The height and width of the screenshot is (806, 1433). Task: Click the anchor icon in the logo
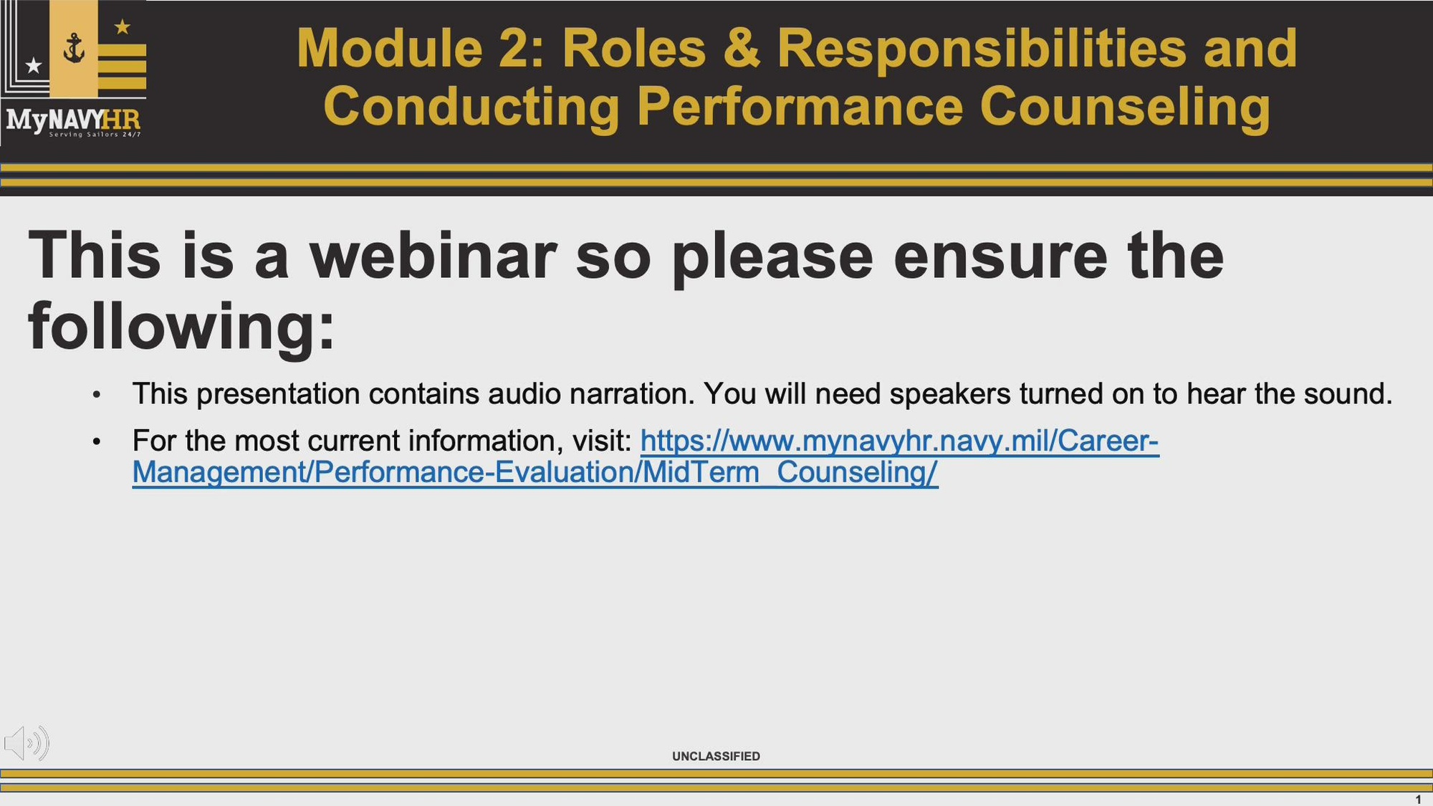[74, 49]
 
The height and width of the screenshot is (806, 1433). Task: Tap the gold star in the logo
[123, 27]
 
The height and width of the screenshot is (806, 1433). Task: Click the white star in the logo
[34, 66]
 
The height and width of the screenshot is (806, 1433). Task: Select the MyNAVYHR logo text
[73, 120]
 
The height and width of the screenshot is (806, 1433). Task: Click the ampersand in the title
[741, 49]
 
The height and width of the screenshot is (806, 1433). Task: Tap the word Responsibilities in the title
[982, 49]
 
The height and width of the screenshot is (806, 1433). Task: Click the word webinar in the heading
[433, 256]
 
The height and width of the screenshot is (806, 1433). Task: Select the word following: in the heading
[181, 327]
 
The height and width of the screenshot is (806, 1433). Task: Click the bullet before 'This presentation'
[96, 395]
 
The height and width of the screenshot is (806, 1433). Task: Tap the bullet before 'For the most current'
[96, 442]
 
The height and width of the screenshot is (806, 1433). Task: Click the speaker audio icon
[27, 743]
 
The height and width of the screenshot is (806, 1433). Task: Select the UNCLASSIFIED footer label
[716, 757]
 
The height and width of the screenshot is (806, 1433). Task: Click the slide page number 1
[1418, 800]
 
